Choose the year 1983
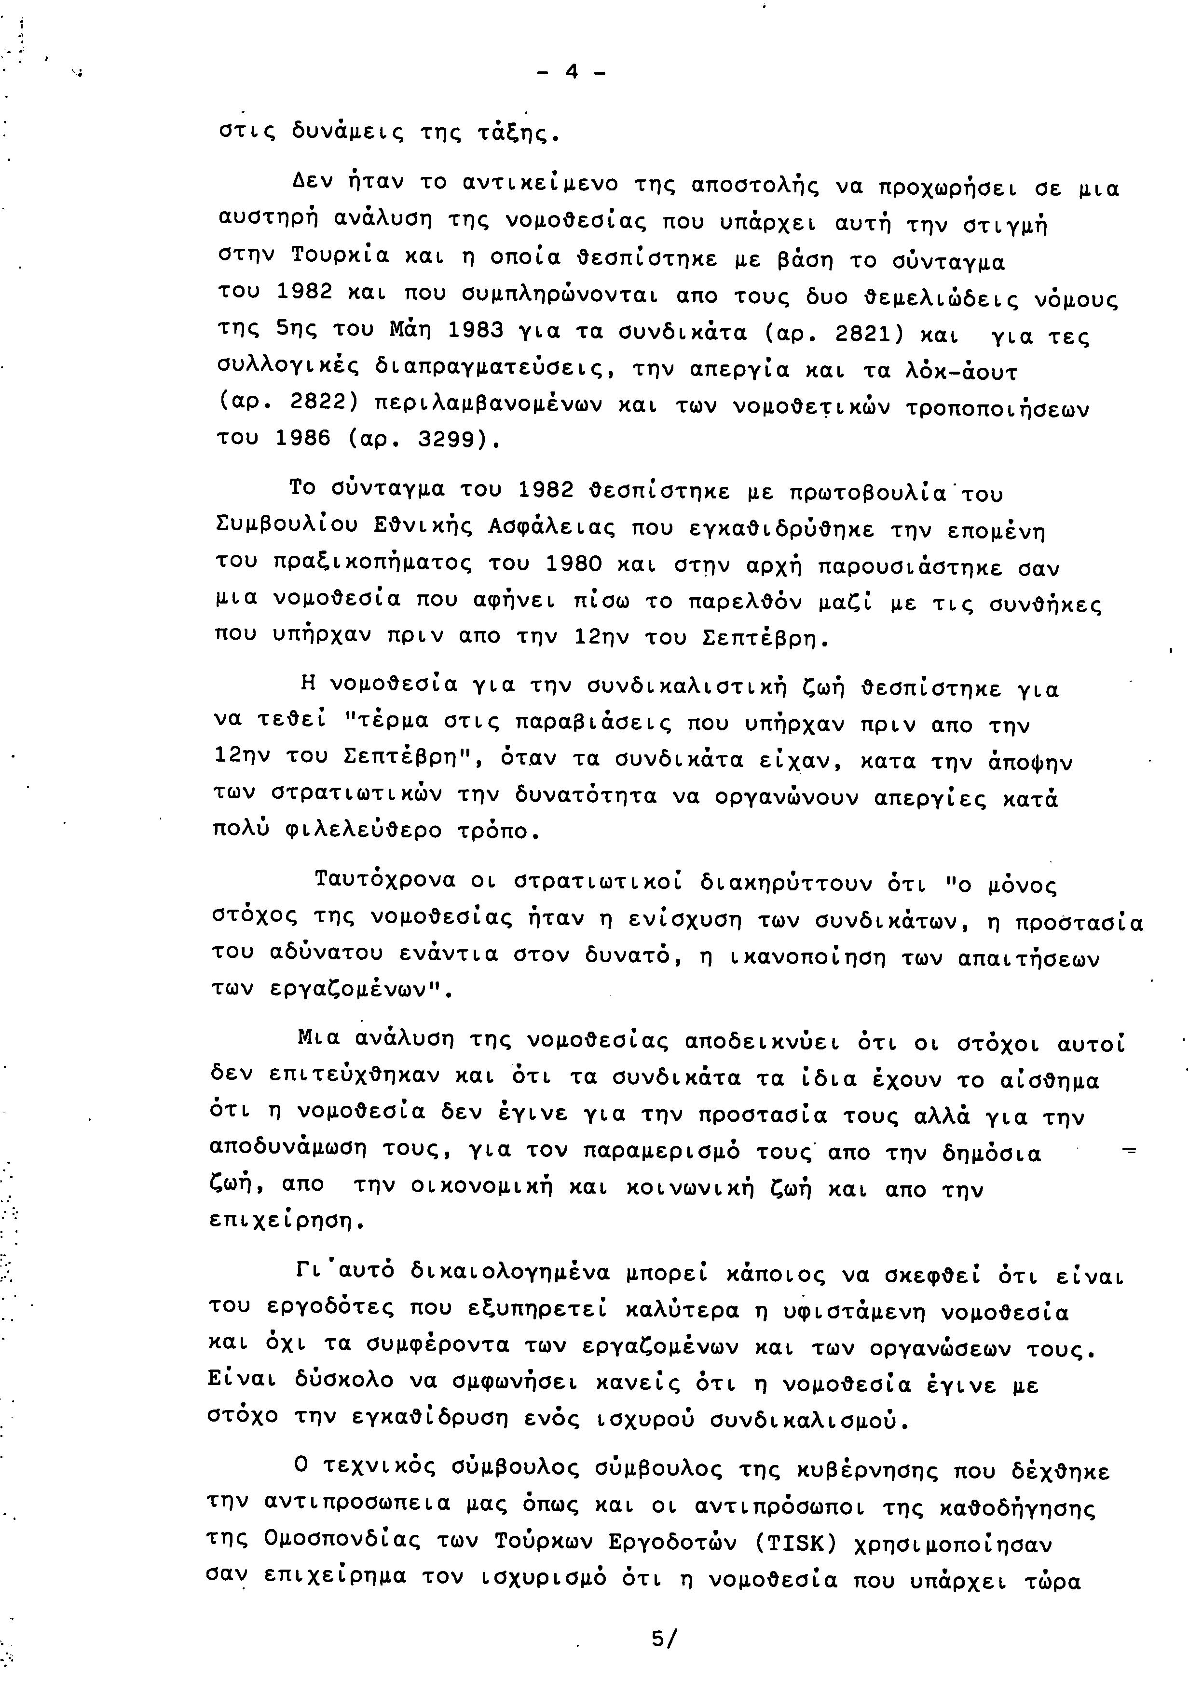pyautogui.click(x=476, y=331)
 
